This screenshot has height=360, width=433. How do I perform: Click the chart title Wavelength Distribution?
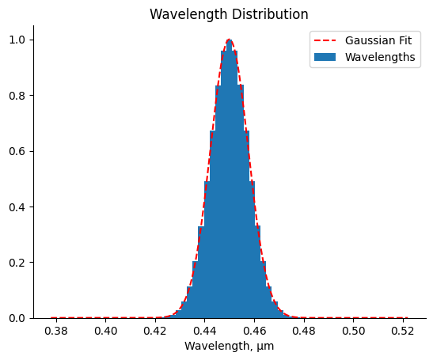(x=229, y=14)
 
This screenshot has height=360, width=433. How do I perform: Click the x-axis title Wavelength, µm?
(x=229, y=346)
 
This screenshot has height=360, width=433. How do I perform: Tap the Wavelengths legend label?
(x=380, y=57)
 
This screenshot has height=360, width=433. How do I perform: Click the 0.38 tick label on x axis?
(x=56, y=330)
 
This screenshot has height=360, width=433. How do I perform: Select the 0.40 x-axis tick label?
(x=106, y=330)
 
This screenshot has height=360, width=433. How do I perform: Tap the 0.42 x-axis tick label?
(x=155, y=330)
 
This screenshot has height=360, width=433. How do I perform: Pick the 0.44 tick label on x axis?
(x=205, y=330)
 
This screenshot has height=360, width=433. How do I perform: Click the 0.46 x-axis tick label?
(x=254, y=330)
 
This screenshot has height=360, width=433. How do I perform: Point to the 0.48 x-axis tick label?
(x=304, y=330)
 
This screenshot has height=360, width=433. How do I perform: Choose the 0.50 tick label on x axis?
(x=353, y=330)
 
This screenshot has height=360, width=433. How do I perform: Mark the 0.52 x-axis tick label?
(x=403, y=330)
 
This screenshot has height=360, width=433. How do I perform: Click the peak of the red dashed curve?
(x=230, y=40)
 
